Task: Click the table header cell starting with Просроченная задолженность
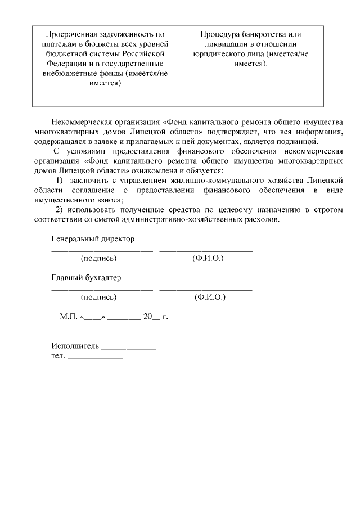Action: [105, 58]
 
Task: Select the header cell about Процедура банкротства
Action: [251, 49]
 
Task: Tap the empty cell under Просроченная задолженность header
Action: [105, 98]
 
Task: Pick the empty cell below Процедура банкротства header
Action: [251, 98]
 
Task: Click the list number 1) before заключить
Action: [60, 180]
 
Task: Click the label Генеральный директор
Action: [93, 238]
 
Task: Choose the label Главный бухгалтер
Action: [86, 278]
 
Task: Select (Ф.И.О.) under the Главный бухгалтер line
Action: [209, 297]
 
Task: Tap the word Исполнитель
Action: [75, 345]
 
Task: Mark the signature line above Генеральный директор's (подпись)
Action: [102, 250]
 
